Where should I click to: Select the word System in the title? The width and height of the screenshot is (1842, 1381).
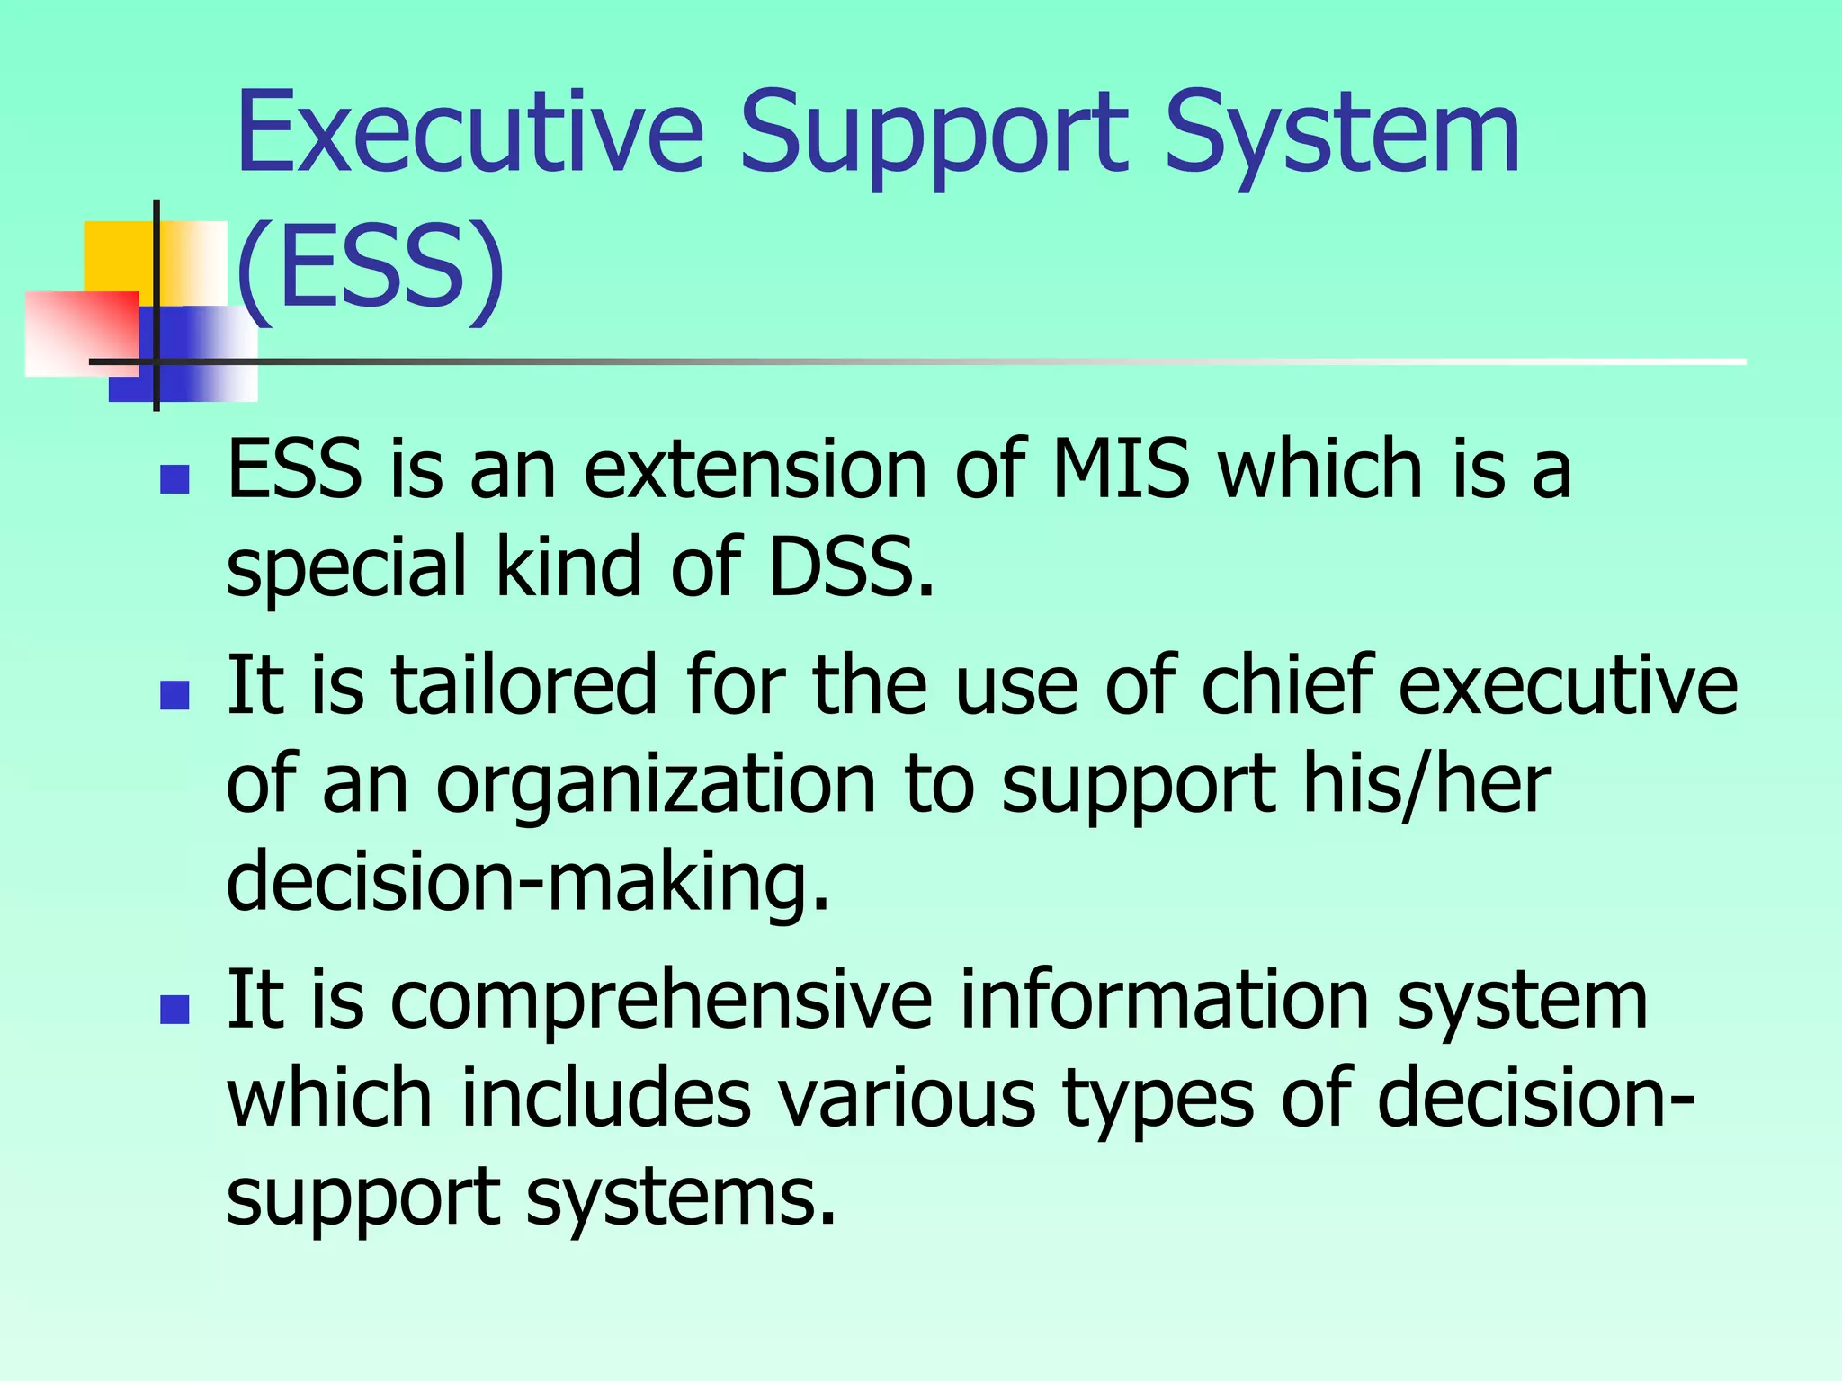tap(1340, 135)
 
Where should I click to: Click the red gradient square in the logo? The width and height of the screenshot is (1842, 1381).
tap(81, 333)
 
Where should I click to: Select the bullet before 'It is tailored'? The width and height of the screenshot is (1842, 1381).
tap(174, 695)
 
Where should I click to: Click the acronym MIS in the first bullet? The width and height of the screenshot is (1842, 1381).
tap(1120, 469)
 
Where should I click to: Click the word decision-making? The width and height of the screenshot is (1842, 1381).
tap(527, 882)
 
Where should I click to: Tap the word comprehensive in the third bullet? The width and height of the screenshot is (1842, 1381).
tap(661, 1002)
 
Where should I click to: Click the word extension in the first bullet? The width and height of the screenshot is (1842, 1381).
tap(756, 469)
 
